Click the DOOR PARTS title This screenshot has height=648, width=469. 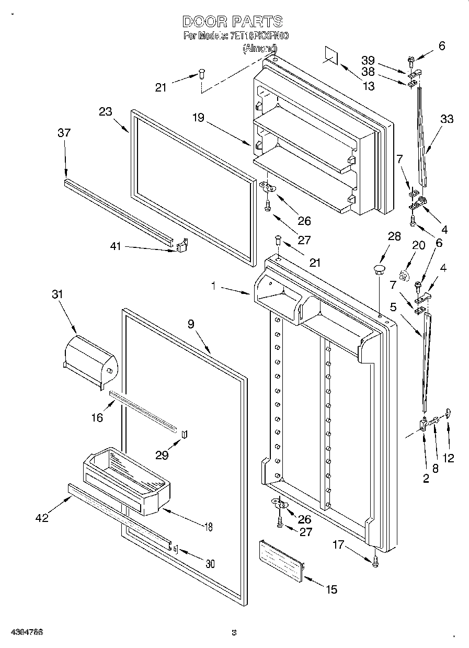(x=233, y=21)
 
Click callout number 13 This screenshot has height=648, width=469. (x=369, y=86)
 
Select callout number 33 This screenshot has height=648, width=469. (x=447, y=119)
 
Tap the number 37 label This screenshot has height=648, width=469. (x=64, y=133)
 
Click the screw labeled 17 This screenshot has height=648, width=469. (x=375, y=561)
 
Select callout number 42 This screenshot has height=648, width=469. (x=42, y=518)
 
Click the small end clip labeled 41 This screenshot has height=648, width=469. (x=181, y=245)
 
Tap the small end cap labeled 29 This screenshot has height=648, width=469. (x=184, y=434)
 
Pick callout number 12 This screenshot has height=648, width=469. (x=448, y=458)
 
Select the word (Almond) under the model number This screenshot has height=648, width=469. (x=260, y=48)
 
